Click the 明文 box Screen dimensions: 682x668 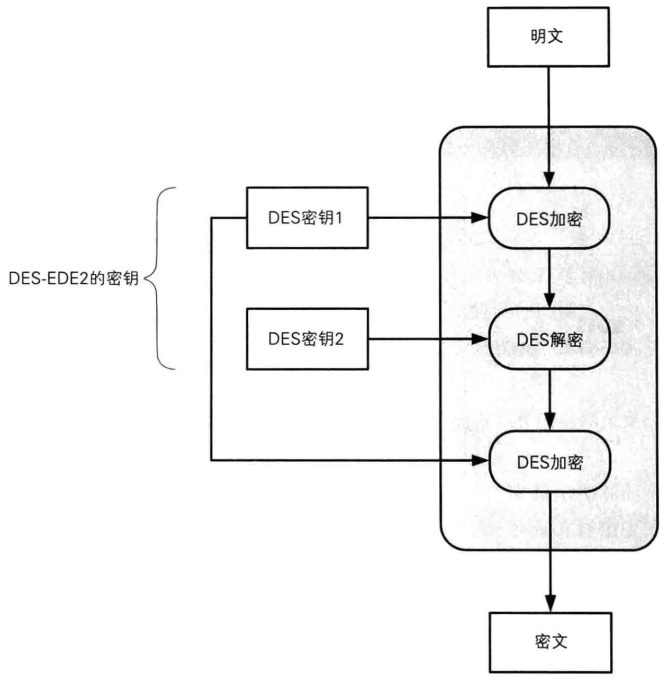pos(548,37)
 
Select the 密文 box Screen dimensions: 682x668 pos(550,642)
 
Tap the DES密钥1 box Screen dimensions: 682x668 pos(307,218)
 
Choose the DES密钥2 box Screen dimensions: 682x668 pos(307,339)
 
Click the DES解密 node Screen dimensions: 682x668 pos(549,339)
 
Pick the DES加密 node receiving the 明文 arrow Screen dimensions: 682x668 pos(549,219)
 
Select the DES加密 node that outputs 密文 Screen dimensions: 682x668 pos(549,462)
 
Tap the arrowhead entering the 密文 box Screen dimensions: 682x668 pos(550,604)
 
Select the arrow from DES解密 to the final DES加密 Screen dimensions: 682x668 pos(550,400)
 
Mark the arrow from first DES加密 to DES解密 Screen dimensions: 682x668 pos(550,278)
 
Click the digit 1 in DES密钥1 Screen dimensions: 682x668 pos(338,218)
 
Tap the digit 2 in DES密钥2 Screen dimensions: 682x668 pos(339,339)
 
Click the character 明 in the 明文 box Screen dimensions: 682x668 pos(539,37)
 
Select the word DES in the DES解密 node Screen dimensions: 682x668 pos(532,339)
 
